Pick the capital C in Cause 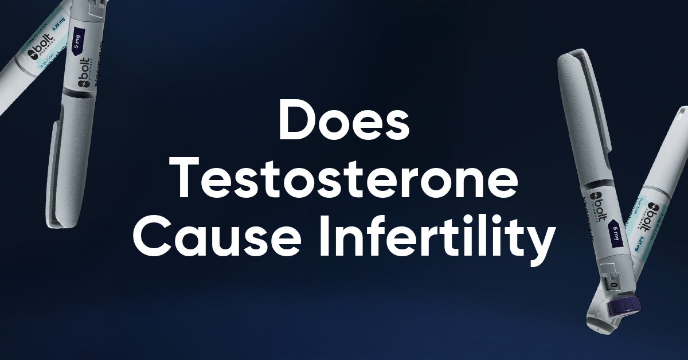pyautogui.click(x=150, y=237)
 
